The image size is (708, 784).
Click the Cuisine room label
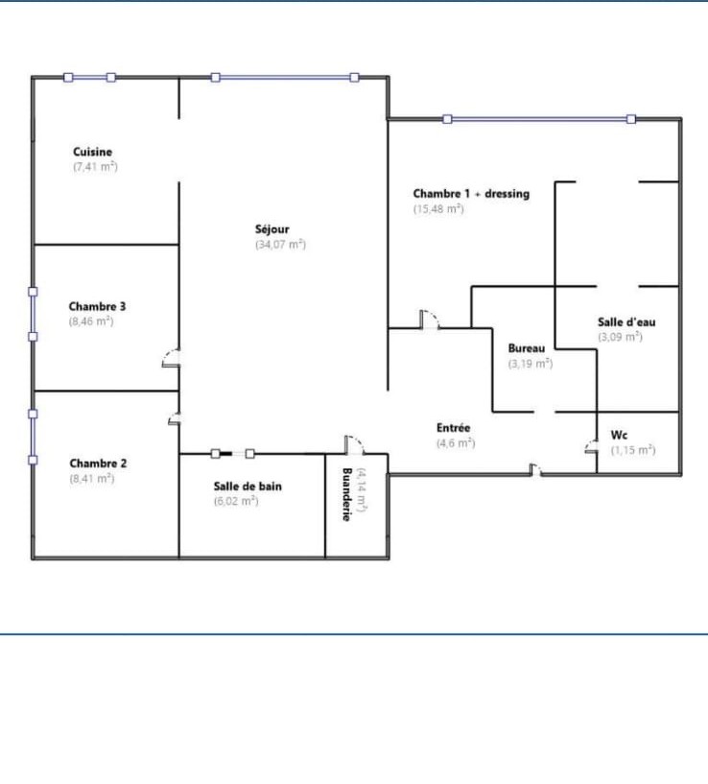tap(92, 152)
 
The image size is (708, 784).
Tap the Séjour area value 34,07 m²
tap(280, 245)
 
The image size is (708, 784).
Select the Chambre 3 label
tap(97, 306)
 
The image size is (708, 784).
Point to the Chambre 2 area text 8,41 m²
tap(92, 479)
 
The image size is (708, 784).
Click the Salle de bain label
tap(248, 486)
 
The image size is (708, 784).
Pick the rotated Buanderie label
tap(347, 494)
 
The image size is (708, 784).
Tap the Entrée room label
tap(454, 428)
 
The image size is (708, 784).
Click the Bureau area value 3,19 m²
tap(531, 364)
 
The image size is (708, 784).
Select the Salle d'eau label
tap(626, 322)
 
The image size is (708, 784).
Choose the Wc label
tap(619, 435)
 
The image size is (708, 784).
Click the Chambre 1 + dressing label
tap(471, 194)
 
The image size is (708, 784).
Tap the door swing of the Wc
tap(590, 446)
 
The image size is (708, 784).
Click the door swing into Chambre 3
tap(170, 357)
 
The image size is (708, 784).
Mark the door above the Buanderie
tap(354, 444)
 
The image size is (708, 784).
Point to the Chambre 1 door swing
tap(430, 319)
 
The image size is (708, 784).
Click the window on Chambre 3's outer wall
tap(33, 315)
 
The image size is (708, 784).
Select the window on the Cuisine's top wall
tap(90, 78)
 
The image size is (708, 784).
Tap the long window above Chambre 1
tap(539, 119)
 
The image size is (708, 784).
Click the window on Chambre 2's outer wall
tap(33, 437)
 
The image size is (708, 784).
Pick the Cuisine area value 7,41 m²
tap(96, 167)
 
